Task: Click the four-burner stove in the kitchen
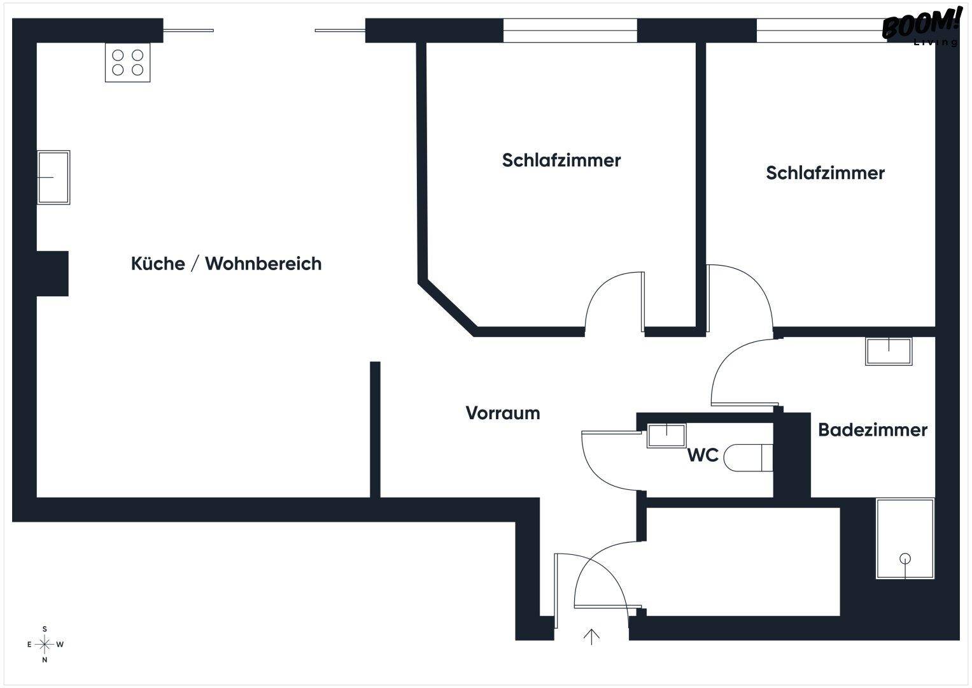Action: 127,62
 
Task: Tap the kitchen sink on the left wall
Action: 53,177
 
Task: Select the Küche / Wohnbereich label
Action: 226,264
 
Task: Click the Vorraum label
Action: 502,413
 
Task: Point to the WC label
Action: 703,455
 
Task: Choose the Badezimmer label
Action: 872,430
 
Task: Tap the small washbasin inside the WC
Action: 666,436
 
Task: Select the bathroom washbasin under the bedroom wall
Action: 889,351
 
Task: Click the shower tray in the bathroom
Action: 905,538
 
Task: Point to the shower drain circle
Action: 905,559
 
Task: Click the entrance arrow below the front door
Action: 592,636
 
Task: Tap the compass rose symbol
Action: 45,644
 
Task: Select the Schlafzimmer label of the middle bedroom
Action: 561,160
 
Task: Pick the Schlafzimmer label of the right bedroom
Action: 825,173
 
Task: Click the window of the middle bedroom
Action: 570,30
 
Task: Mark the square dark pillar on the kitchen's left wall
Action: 52,273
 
